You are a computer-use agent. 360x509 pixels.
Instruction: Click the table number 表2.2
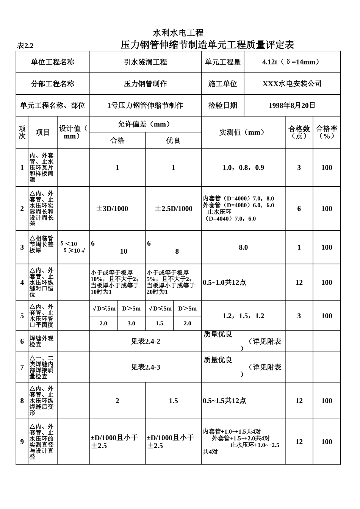[x=25, y=46]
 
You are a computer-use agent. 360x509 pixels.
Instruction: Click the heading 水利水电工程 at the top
[x=178, y=33]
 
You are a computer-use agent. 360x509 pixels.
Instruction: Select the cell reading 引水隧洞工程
[x=146, y=62]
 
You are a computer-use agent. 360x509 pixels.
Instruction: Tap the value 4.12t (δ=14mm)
[x=292, y=62]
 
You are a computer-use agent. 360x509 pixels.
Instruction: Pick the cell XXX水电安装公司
[x=292, y=84]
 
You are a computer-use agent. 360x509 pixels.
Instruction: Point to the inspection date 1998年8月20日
[x=292, y=106]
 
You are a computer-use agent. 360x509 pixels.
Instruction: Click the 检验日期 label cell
[x=222, y=106]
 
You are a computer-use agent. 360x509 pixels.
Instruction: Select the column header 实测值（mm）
[x=243, y=133]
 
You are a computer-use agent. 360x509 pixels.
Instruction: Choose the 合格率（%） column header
[x=327, y=132]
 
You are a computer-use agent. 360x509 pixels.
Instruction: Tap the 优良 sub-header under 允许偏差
[x=173, y=141]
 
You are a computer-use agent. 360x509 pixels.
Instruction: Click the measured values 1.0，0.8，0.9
[x=243, y=167]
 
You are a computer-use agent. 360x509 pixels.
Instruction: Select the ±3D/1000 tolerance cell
[x=112, y=209]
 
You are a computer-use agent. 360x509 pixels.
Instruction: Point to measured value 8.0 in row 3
[x=243, y=247]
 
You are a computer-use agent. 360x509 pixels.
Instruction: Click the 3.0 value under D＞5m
[x=131, y=323]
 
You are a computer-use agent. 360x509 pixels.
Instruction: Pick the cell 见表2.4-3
[x=146, y=367]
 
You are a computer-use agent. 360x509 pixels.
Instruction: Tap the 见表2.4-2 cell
[x=146, y=342]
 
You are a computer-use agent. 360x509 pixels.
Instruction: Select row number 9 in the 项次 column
[x=22, y=442]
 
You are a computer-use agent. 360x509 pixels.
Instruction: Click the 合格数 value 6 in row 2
[x=299, y=209]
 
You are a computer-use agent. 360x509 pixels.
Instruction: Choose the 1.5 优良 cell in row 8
[x=173, y=401]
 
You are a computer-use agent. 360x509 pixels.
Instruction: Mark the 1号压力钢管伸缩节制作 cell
[x=146, y=106]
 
